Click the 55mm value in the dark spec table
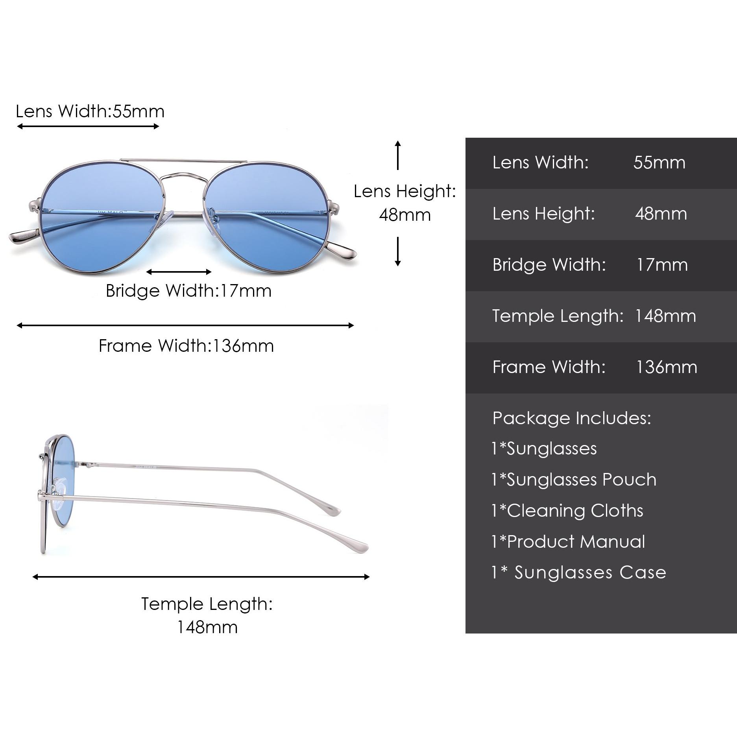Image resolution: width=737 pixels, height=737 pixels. pyautogui.click(x=659, y=163)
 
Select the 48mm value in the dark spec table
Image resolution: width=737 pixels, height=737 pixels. pyautogui.click(x=661, y=214)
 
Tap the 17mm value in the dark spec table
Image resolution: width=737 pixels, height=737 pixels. pyautogui.click(x=662, y=265)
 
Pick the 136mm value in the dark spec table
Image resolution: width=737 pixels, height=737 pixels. pyautogui.click(x=667, y=367)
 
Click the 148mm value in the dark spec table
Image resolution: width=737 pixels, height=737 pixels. pyautogui.click(x=665, y=316)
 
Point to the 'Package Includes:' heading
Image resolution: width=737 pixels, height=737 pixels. pyautogui.click(x=572, y=418)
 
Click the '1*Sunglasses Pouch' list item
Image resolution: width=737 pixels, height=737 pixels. pyautogui.click(x=574, y=480)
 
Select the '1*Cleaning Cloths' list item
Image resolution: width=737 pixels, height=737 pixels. pyautogui.click(x=567, y=511)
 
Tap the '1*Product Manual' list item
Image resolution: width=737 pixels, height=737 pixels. pyautogui.click(x=569, y=542)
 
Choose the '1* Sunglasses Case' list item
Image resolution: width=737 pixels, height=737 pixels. pyautogui.click(x=579, y=573)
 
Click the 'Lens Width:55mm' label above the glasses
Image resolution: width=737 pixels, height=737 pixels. pyautogui.click(x=90, y=111)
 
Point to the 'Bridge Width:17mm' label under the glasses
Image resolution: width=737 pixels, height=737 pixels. pyautogui.click(x=188, y=291)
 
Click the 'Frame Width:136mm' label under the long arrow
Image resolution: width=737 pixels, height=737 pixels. pyautogui.click(x=186, y=346)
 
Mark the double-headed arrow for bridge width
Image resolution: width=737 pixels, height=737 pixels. pyautogui.click(x=179, y=272)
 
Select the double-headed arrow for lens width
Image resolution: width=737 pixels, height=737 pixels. pyautogui.click(x=88, y=126)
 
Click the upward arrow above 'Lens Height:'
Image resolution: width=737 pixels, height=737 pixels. pyautogui.click(x=398, y=155)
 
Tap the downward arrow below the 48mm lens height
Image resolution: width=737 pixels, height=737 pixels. pyautogui.click(x=398, y=251)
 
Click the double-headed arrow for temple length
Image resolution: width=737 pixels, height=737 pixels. pyautogui.click(x=201, y=577)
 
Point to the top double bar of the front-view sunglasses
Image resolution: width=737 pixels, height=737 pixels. pyautogui.click(x=183, y=161)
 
